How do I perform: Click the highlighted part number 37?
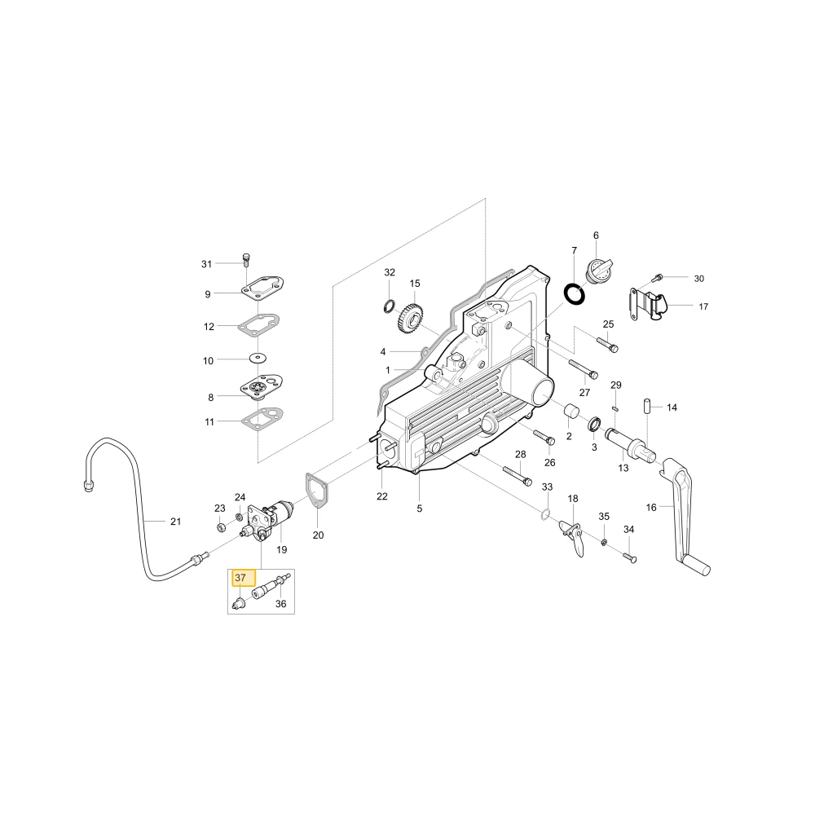[x=240, y=578]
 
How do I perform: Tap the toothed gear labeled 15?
[x=410, y=318]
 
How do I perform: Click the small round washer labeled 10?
[x=258, y=358]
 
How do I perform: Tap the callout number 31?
[x=206, y=264]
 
